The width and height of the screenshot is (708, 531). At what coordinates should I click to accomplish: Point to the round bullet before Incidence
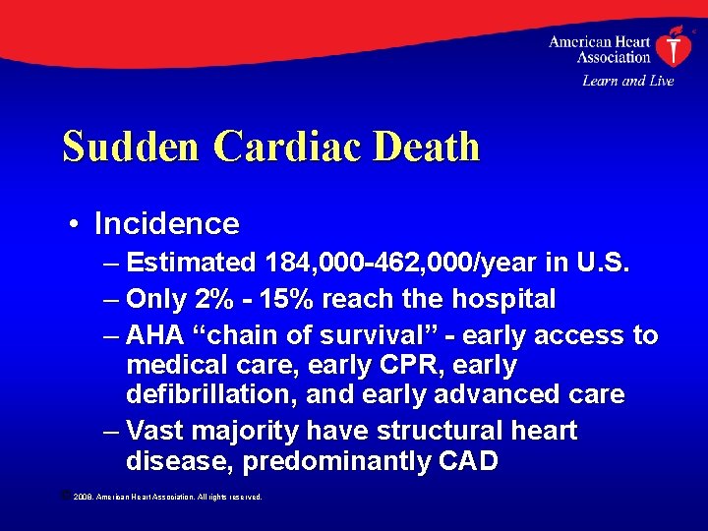click(x=76, y=224)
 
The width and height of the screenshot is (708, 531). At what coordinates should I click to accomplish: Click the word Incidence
click(x=166, y=223)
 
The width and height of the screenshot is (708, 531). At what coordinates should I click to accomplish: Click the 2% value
click(x=208, y=299)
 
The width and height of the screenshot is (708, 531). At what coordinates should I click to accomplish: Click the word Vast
click(x=157, y=431)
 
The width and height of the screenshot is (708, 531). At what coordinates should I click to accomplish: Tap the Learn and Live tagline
click(x=627, y=81)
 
